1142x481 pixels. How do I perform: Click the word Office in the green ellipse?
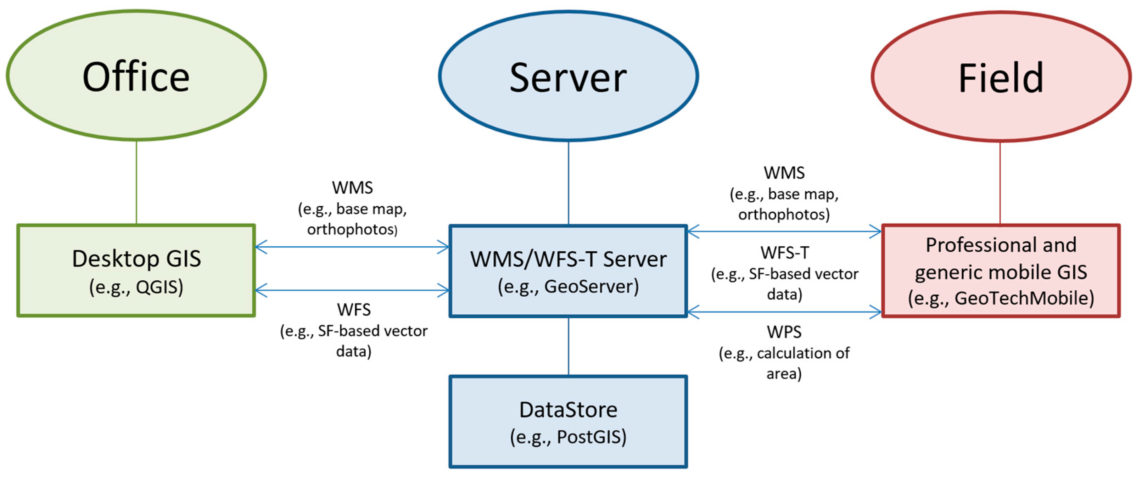pos(136,77)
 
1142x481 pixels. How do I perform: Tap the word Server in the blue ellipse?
pos(568,78)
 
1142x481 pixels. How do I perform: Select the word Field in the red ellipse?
pos(1001,78)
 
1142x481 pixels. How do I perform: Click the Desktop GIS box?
pos(136,270)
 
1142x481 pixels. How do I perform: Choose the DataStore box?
pos(568,421)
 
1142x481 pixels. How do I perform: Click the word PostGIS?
pos(591,437)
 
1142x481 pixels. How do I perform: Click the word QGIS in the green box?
pos(159,287)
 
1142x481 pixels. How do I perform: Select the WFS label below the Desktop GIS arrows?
pos(353,309)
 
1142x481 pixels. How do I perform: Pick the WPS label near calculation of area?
pos(784,332)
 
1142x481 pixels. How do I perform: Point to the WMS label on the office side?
pos(352,188)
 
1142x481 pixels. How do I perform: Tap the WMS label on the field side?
pos(784,173)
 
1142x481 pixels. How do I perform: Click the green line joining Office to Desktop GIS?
pos(136,182)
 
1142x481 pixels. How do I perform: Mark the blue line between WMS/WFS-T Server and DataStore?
pos(568,346)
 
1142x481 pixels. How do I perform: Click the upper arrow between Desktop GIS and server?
pos(352,247)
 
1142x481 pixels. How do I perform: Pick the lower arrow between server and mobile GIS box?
pos(784,312)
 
